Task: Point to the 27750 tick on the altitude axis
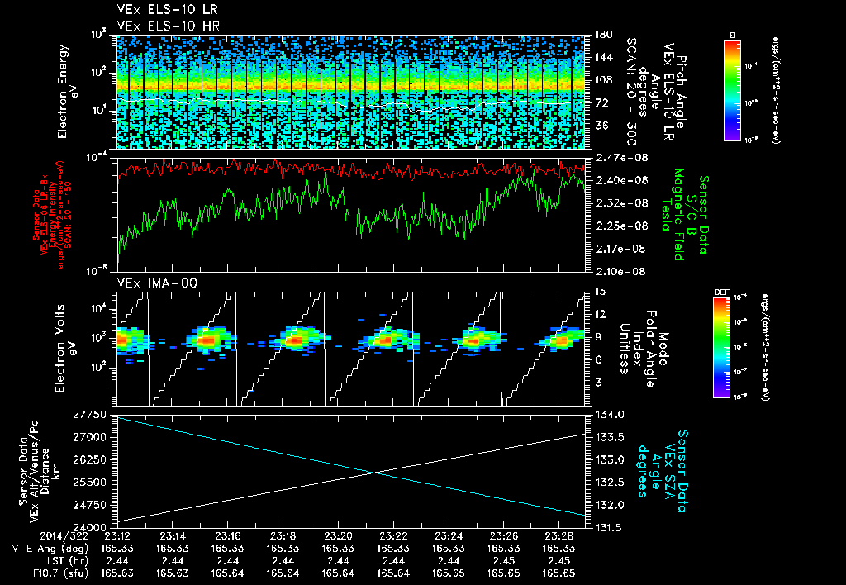tap(93, 414)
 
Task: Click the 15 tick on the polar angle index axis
tap(599, 291)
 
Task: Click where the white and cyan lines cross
tap(376, 472)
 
